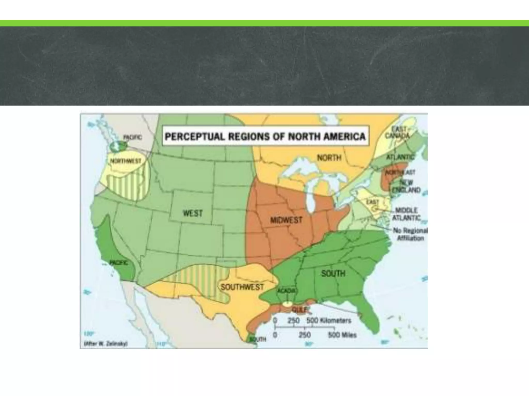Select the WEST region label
[x=193, y=213]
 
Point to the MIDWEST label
[x=286, y=220]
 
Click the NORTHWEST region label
[x=126, y=161]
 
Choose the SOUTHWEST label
[x=242, y=287]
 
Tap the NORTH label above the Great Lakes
[x=329, y=158]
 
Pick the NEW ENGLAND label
[x=406, y=186]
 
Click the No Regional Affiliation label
[x=410, y=234]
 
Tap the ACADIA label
[x=286, y=291]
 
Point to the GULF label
[x=300, y=309]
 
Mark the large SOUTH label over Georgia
[x=333, y=274]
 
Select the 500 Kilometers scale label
[x=329, y=320]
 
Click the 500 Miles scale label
[x=342, y=335]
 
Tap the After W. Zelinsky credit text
[x=106, y=344]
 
